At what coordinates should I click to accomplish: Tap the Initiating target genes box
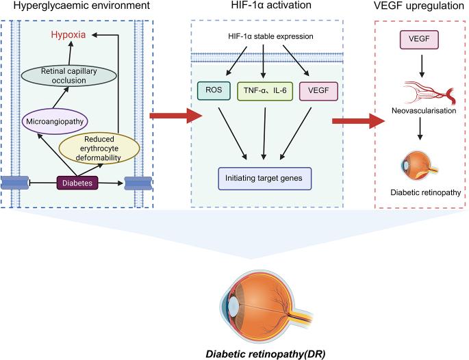pyautogui.click(x=264, y=178)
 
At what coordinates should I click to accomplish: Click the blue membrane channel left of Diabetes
pyautogui.click(x=14, y=183)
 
